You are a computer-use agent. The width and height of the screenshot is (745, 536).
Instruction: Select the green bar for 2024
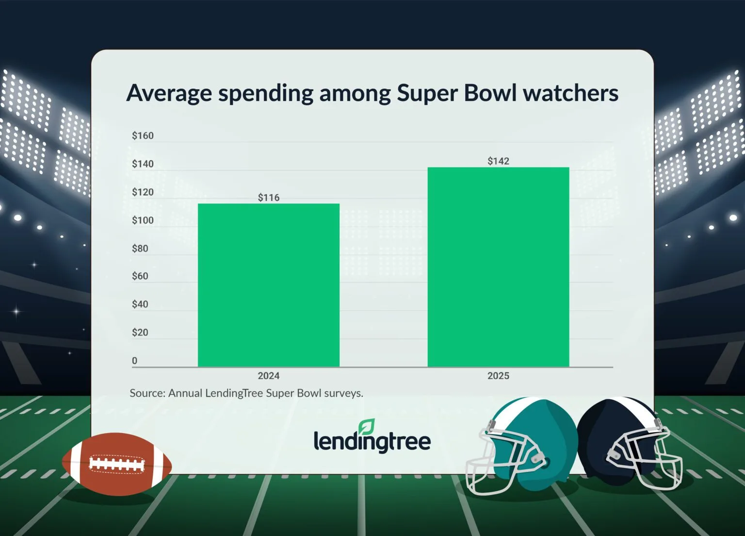[x=268, y=285]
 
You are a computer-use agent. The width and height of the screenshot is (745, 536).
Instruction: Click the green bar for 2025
[x=498, y=267]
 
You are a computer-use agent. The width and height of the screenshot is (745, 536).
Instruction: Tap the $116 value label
[x=269, y=198]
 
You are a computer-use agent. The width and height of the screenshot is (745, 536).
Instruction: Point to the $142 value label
[x=498, y=161]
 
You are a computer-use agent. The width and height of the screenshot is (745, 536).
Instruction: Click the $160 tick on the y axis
[x=143, y=136]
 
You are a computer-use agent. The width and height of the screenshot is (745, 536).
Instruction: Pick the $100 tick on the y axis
[x=143, y=220]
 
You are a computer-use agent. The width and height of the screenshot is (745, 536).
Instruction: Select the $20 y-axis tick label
[x=140, y=333]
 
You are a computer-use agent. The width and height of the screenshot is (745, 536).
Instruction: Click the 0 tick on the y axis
[x=135, y=361]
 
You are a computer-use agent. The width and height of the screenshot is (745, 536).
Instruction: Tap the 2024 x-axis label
[x=268, y=376]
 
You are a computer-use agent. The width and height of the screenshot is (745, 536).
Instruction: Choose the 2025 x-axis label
[x=498, y=376]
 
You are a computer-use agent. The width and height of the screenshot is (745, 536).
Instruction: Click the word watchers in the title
[x=570, y=92]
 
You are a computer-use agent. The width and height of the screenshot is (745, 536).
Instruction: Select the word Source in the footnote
[x=146, y=393]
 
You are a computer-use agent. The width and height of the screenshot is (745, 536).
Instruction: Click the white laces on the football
[x=117, y=464]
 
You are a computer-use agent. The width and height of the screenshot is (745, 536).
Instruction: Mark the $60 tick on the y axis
[x=140, y=276]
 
